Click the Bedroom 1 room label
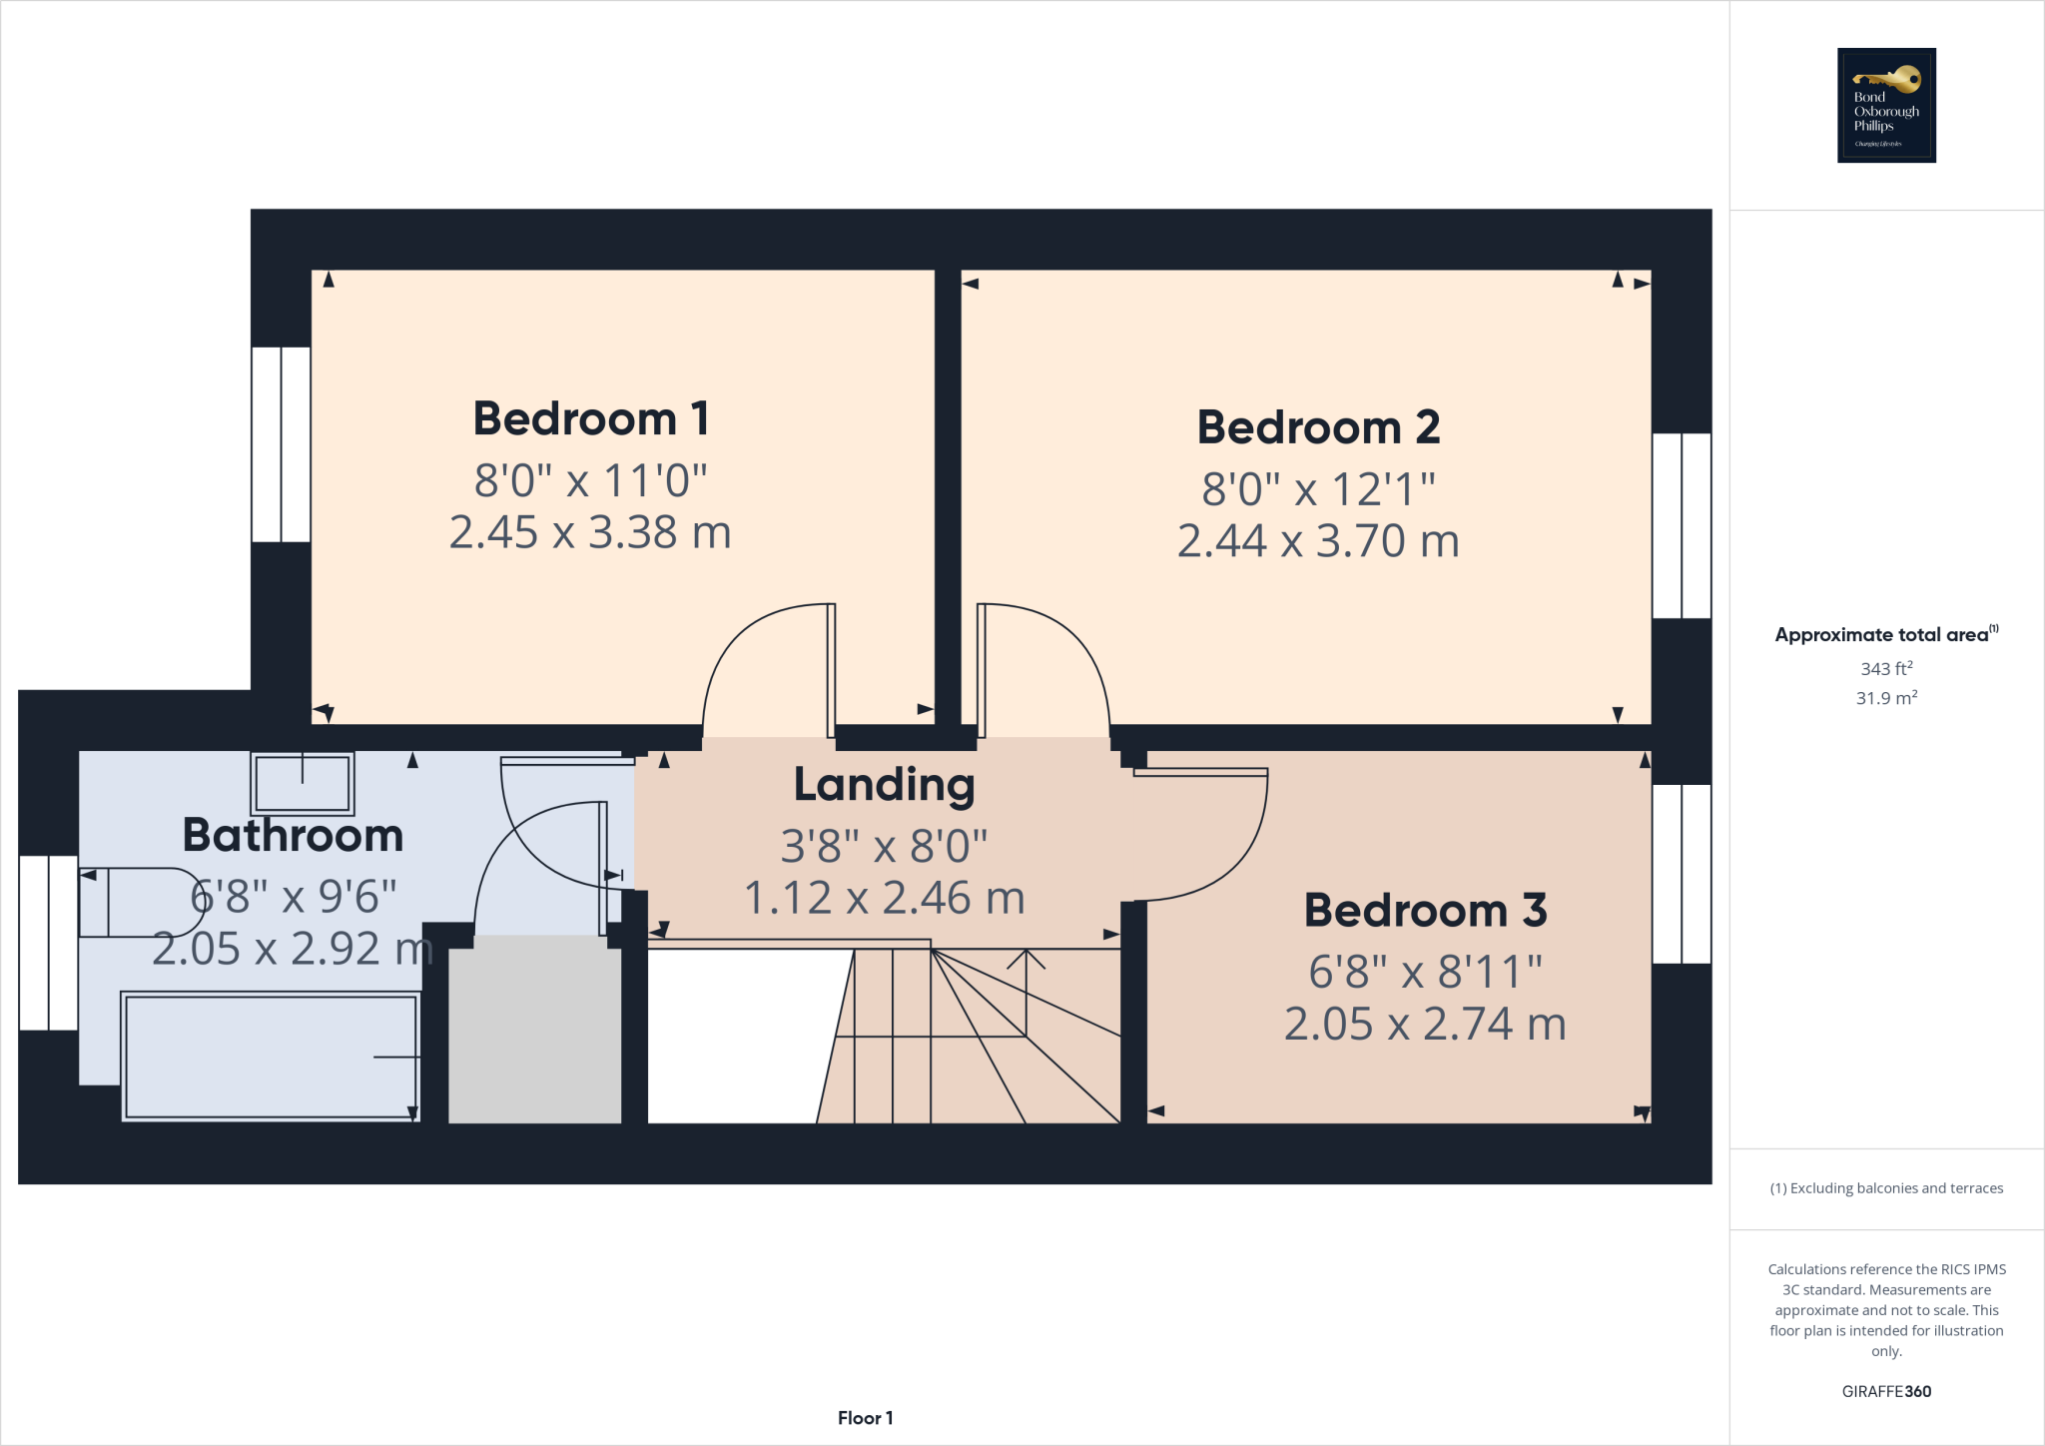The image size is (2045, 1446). tap(591, 418)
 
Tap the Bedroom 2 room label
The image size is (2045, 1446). tap(1318, 427)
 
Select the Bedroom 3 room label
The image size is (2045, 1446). tap(1425, 911)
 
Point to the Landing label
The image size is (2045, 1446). tap(884, 785)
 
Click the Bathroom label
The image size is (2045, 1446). tap(293, 835)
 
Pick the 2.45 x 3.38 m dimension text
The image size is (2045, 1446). tap(590, 532)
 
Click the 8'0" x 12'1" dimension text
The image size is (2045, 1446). tap(1318, 489)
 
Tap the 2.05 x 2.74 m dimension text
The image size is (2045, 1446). tap(1425, 1024)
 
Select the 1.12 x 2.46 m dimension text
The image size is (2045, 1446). tap(885, 898)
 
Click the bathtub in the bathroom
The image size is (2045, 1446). tap(270, 1056)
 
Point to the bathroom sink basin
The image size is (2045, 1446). tap(302, 783)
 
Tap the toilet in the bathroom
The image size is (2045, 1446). tap(140, 903)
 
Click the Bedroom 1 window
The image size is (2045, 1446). tap(281, 444)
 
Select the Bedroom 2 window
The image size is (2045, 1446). tap(1682, 525)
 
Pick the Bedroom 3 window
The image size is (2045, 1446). tap(1682, 874)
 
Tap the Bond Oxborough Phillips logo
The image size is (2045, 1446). tap(1886, 105)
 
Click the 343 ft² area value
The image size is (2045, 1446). tap(1886, 668)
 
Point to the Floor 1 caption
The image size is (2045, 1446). tap(865, 1418)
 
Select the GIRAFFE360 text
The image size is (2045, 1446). tap(1886, 1391)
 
